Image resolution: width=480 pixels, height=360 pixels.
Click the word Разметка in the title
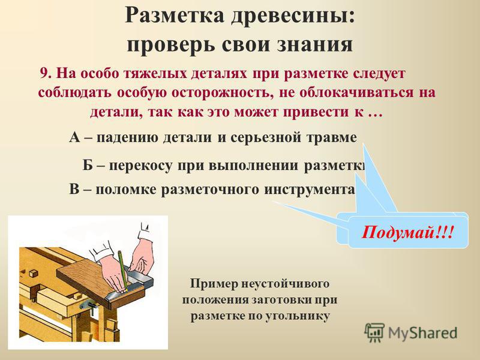click(x=175, y=16)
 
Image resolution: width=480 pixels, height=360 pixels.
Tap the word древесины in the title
click(x=293, y=16)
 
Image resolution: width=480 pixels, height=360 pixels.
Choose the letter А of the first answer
click(x=74, y=137)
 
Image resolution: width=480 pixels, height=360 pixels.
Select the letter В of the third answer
click(x=74, y=189)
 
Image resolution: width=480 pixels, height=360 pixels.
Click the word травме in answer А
click(x=332, y=138)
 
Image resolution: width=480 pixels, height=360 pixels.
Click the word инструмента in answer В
click(x=310, y=190)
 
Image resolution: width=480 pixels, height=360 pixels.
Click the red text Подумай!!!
click(x=407, y=232)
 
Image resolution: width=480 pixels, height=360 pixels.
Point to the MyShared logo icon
click(x=374, y=332)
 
